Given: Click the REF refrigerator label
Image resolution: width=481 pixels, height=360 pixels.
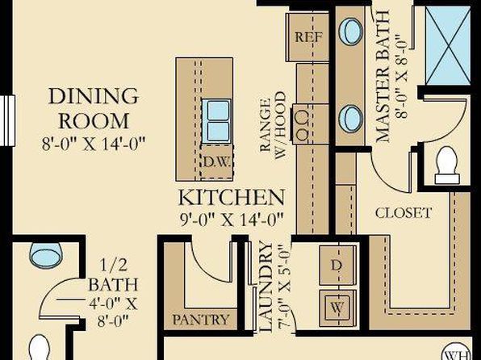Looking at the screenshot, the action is (x=308, y=37).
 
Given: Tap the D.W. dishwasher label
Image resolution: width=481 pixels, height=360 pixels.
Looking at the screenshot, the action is (x=216, y=162).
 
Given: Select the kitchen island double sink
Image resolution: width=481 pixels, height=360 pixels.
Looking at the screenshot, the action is (x=216, y=121).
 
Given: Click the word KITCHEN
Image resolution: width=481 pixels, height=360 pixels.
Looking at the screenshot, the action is (x=232, y=197).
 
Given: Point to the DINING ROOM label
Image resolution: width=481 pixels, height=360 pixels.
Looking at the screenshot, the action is (x=94, y=108).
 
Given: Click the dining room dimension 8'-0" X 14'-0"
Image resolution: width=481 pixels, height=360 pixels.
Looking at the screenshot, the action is (x=94, y=144).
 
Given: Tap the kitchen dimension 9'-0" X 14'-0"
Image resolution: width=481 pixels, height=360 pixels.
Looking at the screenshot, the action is (x=232, y=219).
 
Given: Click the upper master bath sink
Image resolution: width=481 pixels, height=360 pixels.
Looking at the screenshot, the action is (x=350, y=31).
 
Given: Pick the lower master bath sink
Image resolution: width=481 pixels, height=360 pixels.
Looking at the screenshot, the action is (x=350, y=119).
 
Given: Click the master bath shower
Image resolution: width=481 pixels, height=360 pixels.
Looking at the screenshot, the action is (x=448, y=46).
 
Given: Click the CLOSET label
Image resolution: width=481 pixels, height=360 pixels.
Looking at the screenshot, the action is (x=404, y=212).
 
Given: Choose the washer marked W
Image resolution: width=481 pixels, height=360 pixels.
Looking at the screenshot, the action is (x=338, y=308).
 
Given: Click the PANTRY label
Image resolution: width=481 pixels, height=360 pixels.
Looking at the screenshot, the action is (x=201, y=320).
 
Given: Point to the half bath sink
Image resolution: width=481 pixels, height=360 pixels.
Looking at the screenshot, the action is (x=46, y=255).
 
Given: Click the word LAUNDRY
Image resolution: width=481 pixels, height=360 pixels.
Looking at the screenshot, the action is (x=266, y=287).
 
